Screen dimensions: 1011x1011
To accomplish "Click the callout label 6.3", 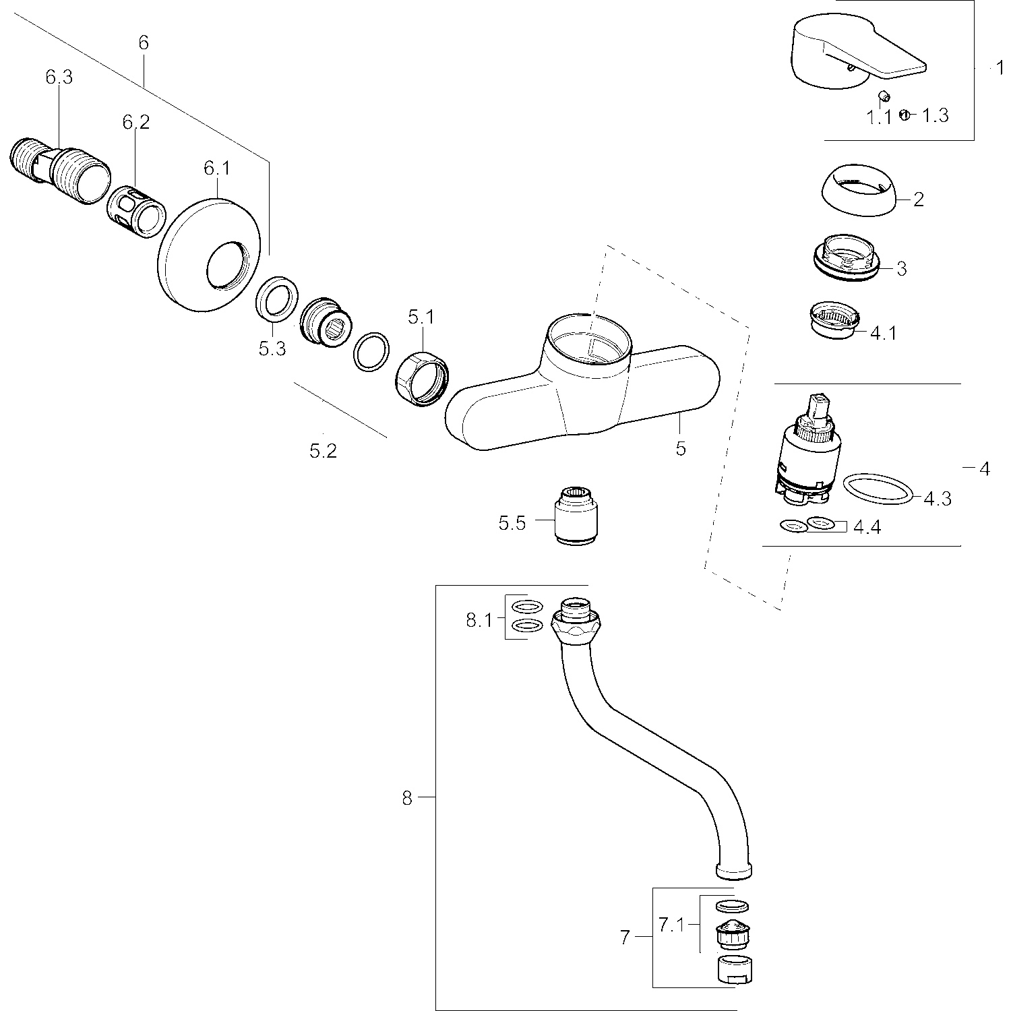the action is [59, 78].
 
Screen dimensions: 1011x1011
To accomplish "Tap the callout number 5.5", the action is [512, 523].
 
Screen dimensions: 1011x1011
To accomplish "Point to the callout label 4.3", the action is [938, 499].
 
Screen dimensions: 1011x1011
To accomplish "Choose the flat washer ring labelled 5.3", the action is [278, 299].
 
